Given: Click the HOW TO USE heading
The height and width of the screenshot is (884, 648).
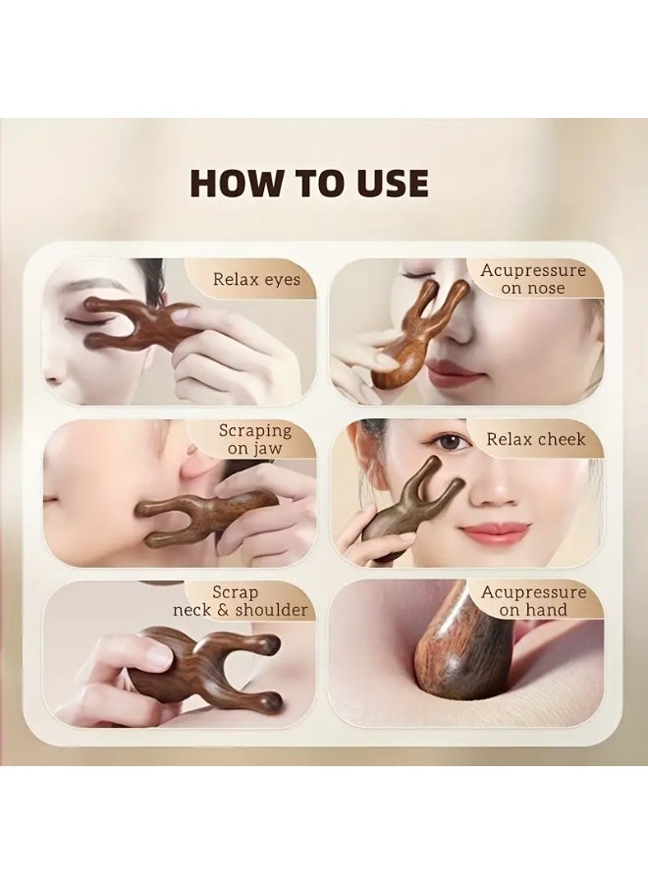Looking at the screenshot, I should pyautogui.click(x=308, y=184).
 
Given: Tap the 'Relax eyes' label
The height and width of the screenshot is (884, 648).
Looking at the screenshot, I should pyautogui.click(x=256, y=280).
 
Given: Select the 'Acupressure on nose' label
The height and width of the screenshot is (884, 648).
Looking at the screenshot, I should pyautogui.click(x=532, y=279).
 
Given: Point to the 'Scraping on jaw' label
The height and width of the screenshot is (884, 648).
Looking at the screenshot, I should pyautogui.click(x=254, y=439).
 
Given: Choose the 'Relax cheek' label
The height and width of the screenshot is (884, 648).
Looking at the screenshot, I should pyautogui.click(x=536, y=440).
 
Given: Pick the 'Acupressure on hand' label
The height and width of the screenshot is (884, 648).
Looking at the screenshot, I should pyautogui.click(x=532, y=601).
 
